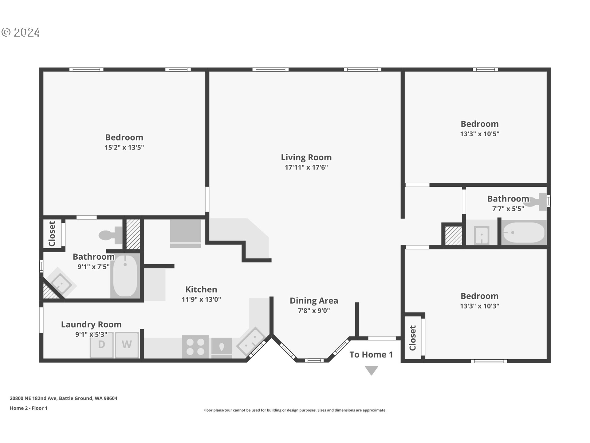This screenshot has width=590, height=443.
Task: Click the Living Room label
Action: coord(306,158)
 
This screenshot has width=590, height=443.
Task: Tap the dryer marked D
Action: coord(101,345)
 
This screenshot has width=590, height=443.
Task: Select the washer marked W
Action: coord(127,345)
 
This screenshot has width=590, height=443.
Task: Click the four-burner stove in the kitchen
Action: coord(195,347)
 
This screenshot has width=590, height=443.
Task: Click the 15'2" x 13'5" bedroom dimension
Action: coord(124,147)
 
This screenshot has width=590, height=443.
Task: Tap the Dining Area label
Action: coord(314,301)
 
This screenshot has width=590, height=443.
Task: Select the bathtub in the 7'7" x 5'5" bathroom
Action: coord(524,233)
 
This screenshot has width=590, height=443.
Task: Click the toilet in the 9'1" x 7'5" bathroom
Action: coord(111,235)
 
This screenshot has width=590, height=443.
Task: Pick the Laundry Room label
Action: coord(91,325)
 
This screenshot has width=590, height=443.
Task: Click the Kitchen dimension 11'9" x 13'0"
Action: coord(201,299)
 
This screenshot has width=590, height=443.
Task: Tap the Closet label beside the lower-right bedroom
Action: coord(413,338)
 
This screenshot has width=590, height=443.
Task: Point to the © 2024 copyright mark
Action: coord(21,32)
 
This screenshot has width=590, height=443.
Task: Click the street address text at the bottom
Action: coord(64,398)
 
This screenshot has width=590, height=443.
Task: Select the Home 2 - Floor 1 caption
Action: coord(29,408)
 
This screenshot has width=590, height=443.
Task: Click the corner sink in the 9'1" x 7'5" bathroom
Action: coord(61,283)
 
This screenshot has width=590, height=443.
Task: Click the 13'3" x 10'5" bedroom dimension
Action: coord(479,134)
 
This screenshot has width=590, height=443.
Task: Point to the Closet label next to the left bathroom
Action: coord(52,234)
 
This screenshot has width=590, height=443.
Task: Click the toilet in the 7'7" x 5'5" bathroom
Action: coord(539,202)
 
